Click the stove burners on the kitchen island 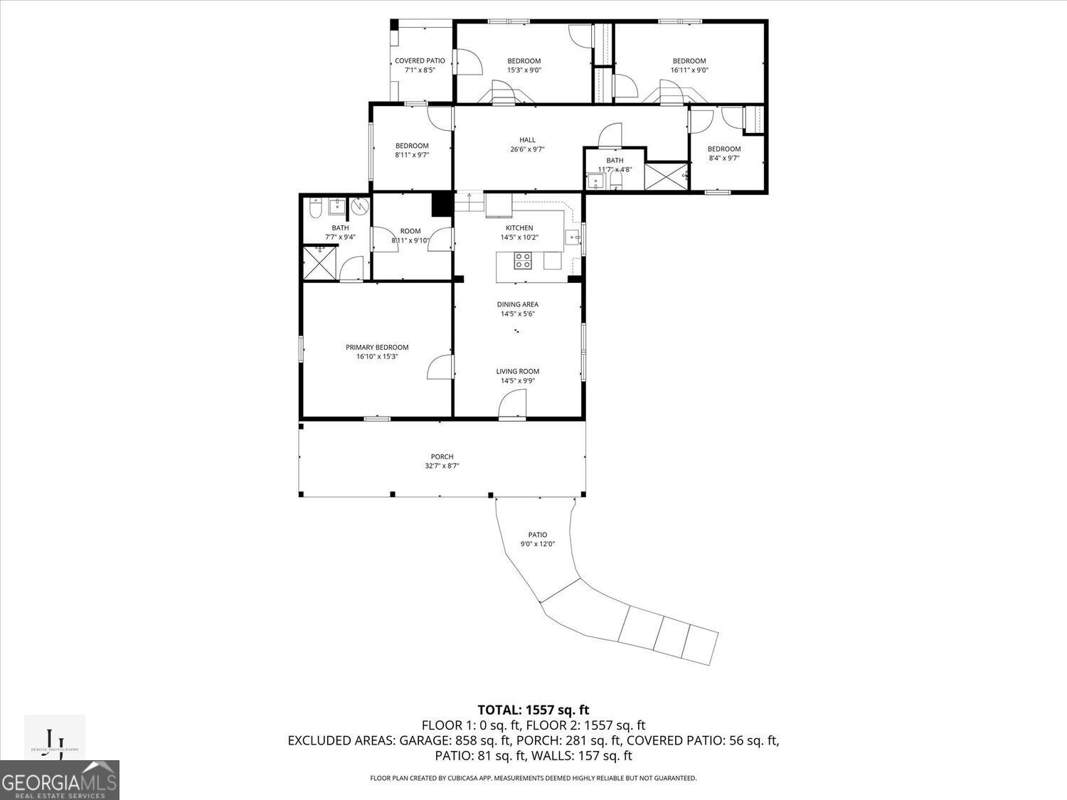(x=523, y=261)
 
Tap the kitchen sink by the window (x=573, y=237)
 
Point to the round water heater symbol (x=360, y=207)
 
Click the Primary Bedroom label (x=377, y=347)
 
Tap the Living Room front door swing (x=512, y=406)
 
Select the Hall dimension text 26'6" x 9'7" (x=527, y=149)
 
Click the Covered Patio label (x=420, y=61)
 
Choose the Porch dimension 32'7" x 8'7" (x=442, y=466)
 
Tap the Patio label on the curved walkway (x=537, y=535)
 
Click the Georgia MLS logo (x=60, y=781)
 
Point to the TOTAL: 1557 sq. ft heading (x=533, y=710)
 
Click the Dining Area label (x=517, y=304)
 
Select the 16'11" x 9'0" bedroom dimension (x=689, y=70)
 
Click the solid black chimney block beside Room (x=442, y=204)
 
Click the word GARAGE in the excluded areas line (x=425, y=741)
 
